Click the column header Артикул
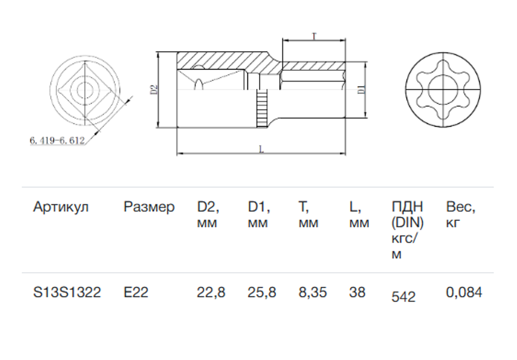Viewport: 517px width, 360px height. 61,207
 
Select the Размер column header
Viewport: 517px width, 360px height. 149,207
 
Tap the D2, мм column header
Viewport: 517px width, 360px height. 208,215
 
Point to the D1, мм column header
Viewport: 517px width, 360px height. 259,215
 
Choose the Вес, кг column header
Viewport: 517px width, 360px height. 460,215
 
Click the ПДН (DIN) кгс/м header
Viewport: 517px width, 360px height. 407,230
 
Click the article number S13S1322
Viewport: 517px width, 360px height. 67,292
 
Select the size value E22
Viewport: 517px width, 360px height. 136,292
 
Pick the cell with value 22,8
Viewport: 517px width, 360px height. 211,293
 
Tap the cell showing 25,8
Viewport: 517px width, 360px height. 262,293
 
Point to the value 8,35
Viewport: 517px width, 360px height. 312,293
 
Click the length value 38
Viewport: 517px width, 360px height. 357,292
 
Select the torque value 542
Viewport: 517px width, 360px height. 403,297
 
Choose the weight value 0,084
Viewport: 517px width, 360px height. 464,293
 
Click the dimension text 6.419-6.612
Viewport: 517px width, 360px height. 57,140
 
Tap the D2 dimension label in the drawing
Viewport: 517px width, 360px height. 154,90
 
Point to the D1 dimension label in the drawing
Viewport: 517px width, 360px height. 362,89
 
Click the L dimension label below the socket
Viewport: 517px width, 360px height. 261,149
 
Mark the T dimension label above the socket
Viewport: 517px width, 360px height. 314,36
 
